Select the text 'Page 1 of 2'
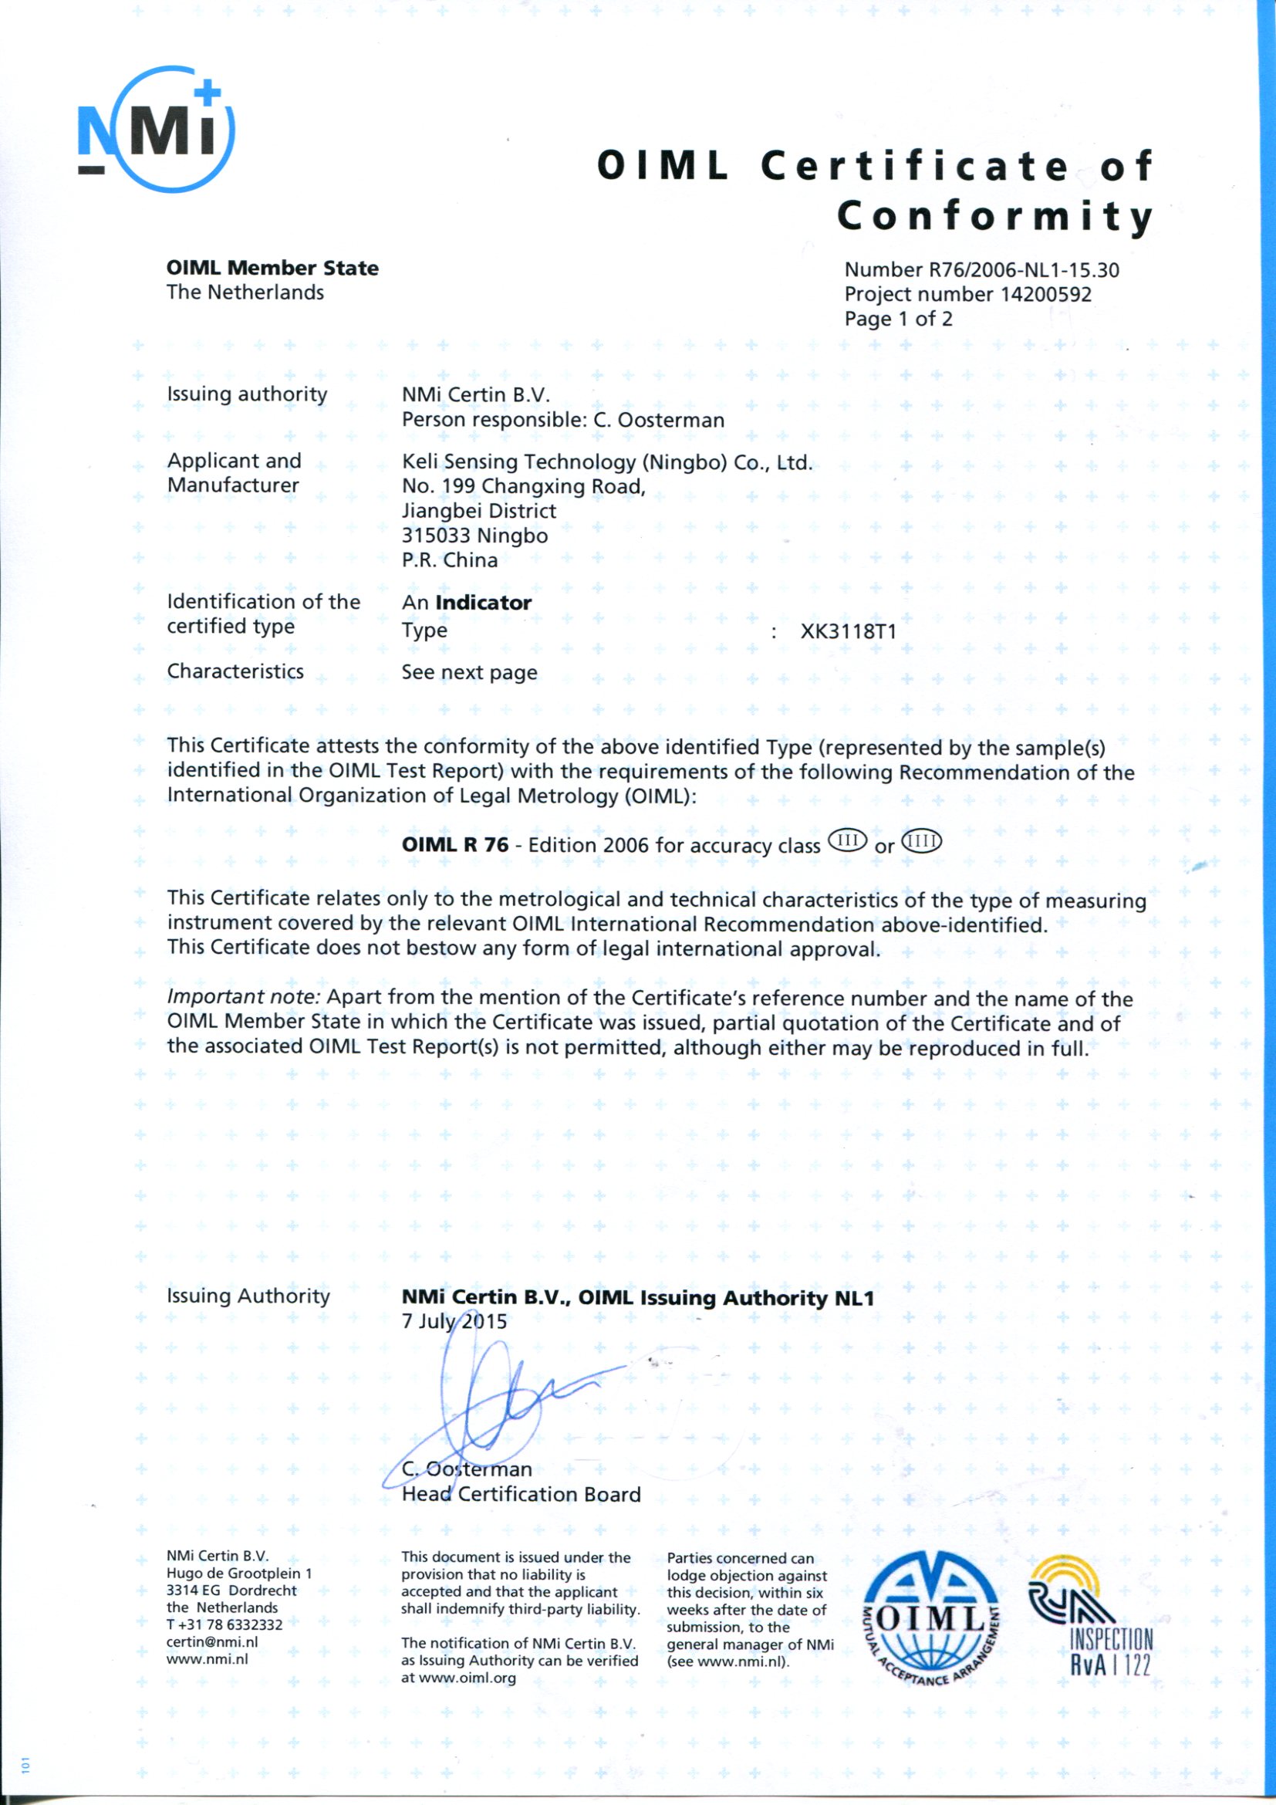point(898,319)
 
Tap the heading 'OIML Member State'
point(272,268)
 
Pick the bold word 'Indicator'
point(483,603)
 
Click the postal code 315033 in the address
point(436,536)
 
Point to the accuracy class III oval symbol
point(847,843)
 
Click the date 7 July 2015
point(454,1321)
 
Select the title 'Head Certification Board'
point(521,1495)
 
